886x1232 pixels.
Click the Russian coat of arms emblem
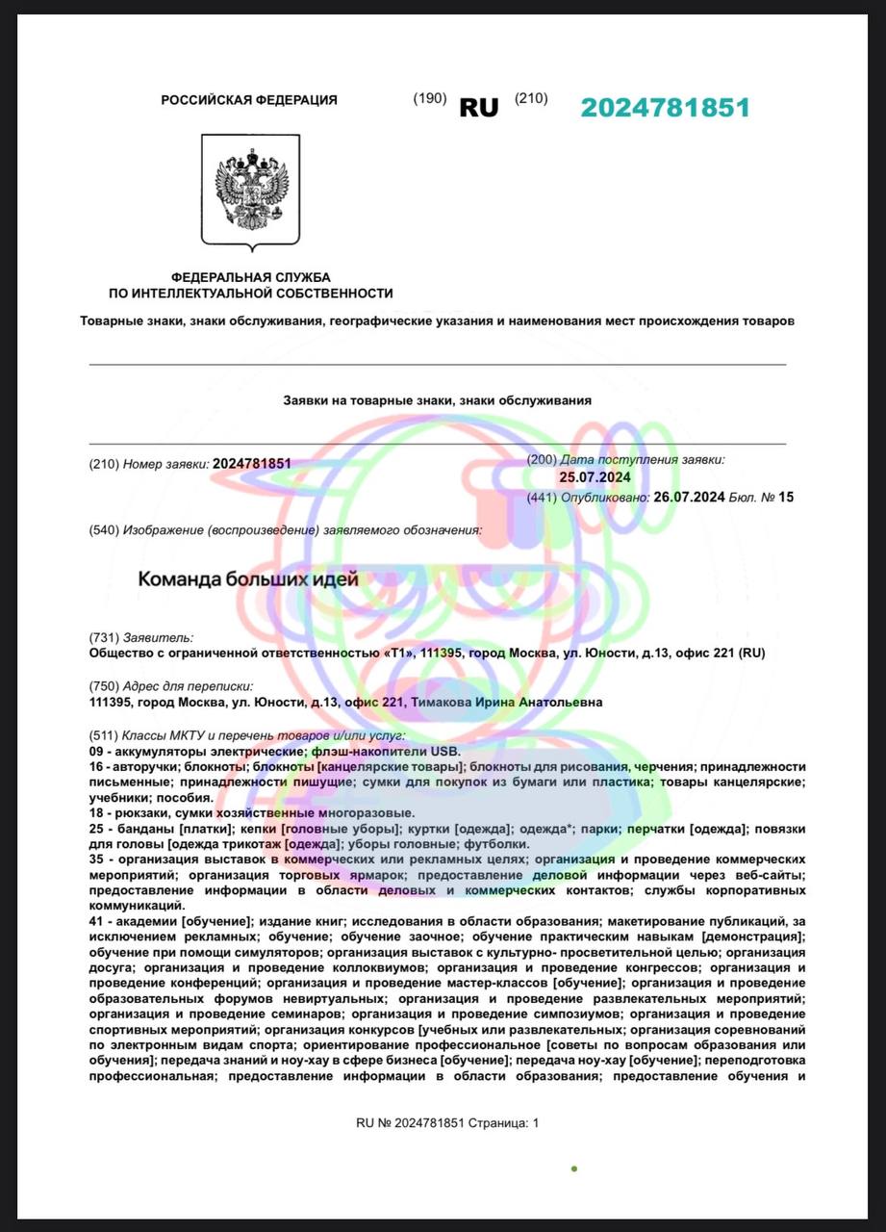point(250,191)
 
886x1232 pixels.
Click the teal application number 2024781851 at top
point(665,108)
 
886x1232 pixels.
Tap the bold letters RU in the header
point(479,108)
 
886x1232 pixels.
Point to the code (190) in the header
point(429,98)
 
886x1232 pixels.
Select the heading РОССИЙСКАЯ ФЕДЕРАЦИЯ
point(249,100)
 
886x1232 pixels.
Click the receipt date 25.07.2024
point(595,477)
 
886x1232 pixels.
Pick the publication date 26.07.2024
point(689,498)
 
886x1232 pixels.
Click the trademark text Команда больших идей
point(248,579)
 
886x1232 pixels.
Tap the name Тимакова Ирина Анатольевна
point(507,703)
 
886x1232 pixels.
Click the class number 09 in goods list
point(96,751)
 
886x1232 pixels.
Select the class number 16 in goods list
point(96,766)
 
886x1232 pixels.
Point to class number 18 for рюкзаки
point(96,813)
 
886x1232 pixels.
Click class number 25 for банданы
point(96,829)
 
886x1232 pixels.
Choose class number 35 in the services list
point(96,859)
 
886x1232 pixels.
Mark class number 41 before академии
point(96,921)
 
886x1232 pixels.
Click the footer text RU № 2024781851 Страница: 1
point(447,1122)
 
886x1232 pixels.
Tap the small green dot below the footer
point(574,1168)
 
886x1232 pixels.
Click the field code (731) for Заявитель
point(103,637)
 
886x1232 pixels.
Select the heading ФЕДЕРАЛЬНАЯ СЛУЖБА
point(250,277)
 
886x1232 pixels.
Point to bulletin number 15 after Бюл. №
point(786,498)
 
